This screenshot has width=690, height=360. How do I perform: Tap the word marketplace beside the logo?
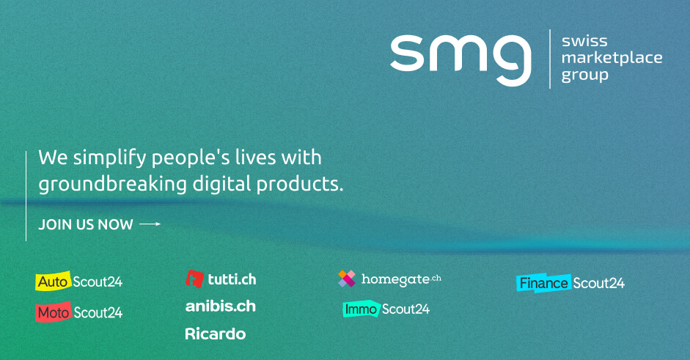coord(612,58)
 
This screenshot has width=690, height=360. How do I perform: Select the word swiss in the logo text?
coord(584,41)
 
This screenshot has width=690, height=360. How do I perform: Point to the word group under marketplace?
coord(585,76)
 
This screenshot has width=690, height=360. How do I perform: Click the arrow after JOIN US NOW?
coord(150,224)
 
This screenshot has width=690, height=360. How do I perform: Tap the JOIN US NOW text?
coord(85,224)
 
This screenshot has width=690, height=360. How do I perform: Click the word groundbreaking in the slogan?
coord(113,184)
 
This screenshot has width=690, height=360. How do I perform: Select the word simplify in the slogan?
coord(109,158)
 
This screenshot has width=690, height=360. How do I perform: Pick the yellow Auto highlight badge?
coord(54,281)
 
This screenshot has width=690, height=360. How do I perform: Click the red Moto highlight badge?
coord(54,312)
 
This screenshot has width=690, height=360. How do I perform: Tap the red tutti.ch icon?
coord(194,279)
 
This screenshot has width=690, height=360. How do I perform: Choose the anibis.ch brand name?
coord(221,306)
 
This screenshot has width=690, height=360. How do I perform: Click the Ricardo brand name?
coord(215,334)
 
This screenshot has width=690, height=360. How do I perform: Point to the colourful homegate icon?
coord(347,279)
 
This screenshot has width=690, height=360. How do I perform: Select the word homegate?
coord(395,279)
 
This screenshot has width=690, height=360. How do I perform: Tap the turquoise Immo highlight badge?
coord(361,309)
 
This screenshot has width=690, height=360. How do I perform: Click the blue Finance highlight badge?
coord(543,283)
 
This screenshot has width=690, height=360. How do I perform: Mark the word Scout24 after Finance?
coord(598,284)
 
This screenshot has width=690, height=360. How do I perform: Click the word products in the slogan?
coord(300,184)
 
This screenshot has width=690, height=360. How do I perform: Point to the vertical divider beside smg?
coord(550,59)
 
